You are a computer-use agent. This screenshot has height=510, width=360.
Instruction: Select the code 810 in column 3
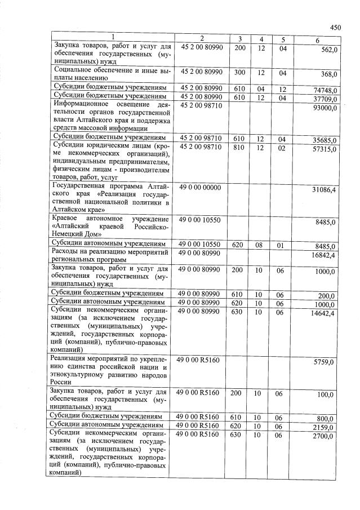239,148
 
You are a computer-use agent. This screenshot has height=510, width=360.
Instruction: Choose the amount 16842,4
325,255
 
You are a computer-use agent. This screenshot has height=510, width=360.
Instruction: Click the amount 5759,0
326,363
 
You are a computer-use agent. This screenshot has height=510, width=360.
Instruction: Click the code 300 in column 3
239,73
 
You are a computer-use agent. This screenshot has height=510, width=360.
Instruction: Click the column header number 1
113,38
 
